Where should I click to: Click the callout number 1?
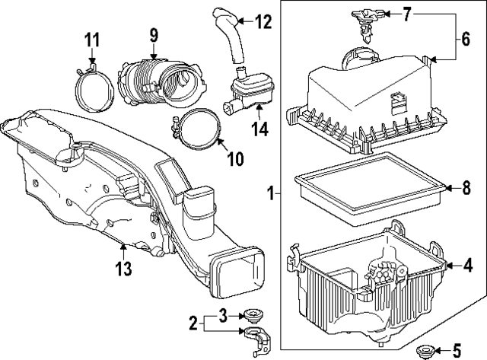click(x=270, y=196)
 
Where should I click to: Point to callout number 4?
click(x=468, y=265)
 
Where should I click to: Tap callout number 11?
click(x=91, y=39)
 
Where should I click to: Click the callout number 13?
click(x=123, y=268)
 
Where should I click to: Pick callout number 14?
click(x=260, y=129)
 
